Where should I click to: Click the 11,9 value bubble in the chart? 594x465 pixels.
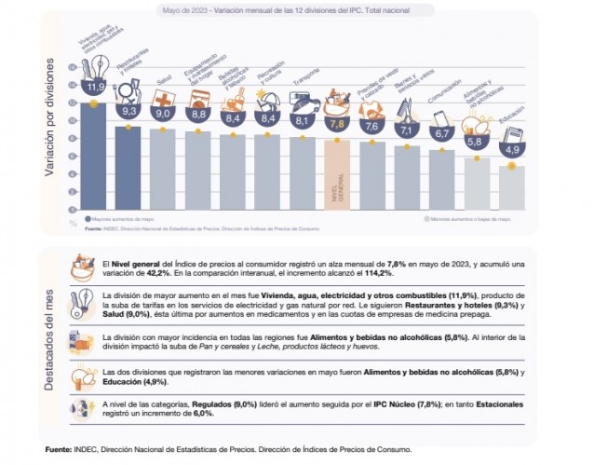tap(94, 87)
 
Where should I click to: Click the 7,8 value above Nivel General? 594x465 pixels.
tap(336, 123)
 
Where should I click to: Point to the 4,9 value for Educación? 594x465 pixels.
tap(512, 149)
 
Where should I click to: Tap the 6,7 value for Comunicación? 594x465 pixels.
tap(441, 133)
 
